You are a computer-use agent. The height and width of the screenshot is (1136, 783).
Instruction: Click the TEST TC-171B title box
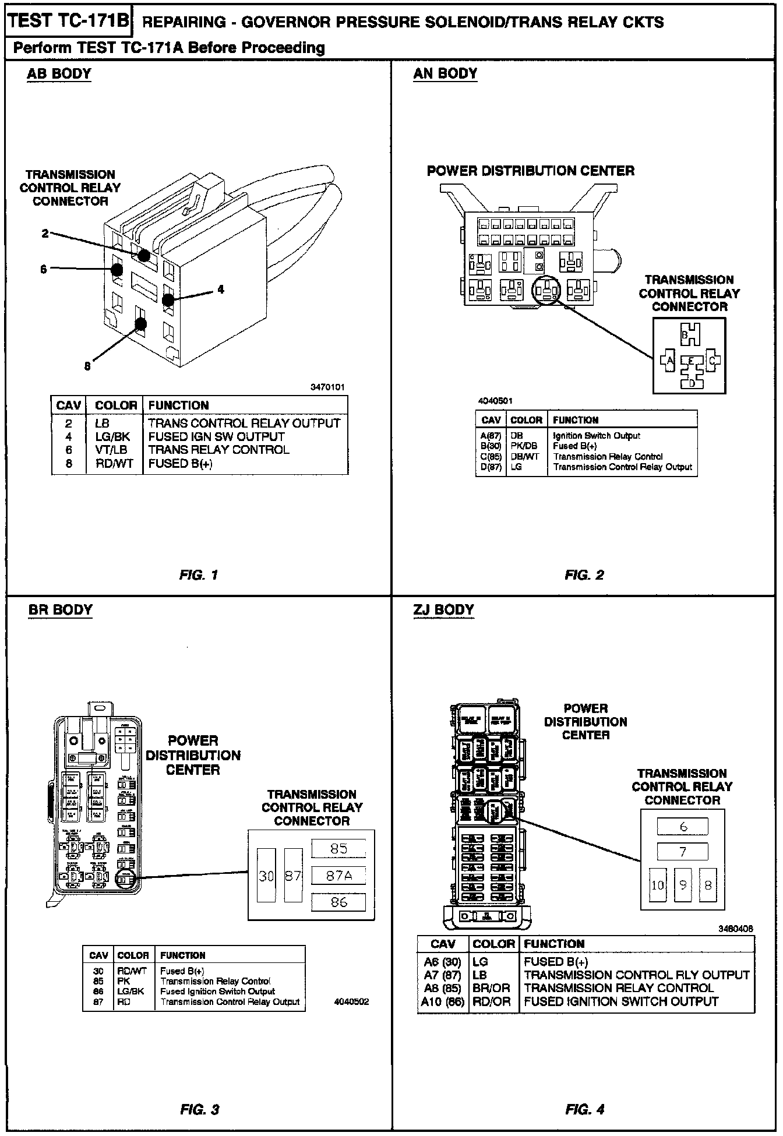[69, 21]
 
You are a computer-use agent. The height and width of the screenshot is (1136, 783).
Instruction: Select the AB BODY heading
[59, 74]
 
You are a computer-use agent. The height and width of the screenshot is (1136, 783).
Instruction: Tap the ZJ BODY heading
[443, 610]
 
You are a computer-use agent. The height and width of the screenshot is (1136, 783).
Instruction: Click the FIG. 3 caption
[199, 1110]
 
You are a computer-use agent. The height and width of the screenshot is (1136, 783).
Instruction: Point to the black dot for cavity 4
[168, 300]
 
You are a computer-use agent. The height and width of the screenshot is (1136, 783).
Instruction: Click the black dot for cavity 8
[140, 324]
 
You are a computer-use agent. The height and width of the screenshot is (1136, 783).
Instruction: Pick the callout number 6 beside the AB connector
[44, 269]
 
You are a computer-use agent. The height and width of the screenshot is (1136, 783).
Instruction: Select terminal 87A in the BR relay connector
[338, 875]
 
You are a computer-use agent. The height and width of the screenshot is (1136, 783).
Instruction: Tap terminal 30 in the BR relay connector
[266, 876]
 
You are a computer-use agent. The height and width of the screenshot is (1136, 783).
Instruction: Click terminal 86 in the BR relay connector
[338, 902]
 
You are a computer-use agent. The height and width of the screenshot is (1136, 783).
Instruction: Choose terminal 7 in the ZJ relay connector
[683, 852]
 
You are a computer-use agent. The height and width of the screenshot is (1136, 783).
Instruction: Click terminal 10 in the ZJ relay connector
[658, 885]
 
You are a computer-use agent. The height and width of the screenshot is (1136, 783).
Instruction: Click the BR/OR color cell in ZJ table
[492, 988]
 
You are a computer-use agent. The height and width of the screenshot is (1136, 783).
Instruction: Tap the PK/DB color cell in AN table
[523, 446]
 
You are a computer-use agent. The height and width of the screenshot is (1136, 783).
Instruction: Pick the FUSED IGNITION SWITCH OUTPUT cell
[621, 1001]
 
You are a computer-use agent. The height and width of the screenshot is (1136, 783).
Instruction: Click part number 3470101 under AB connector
[327, 387]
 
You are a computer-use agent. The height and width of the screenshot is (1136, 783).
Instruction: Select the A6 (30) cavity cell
[442, 962]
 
